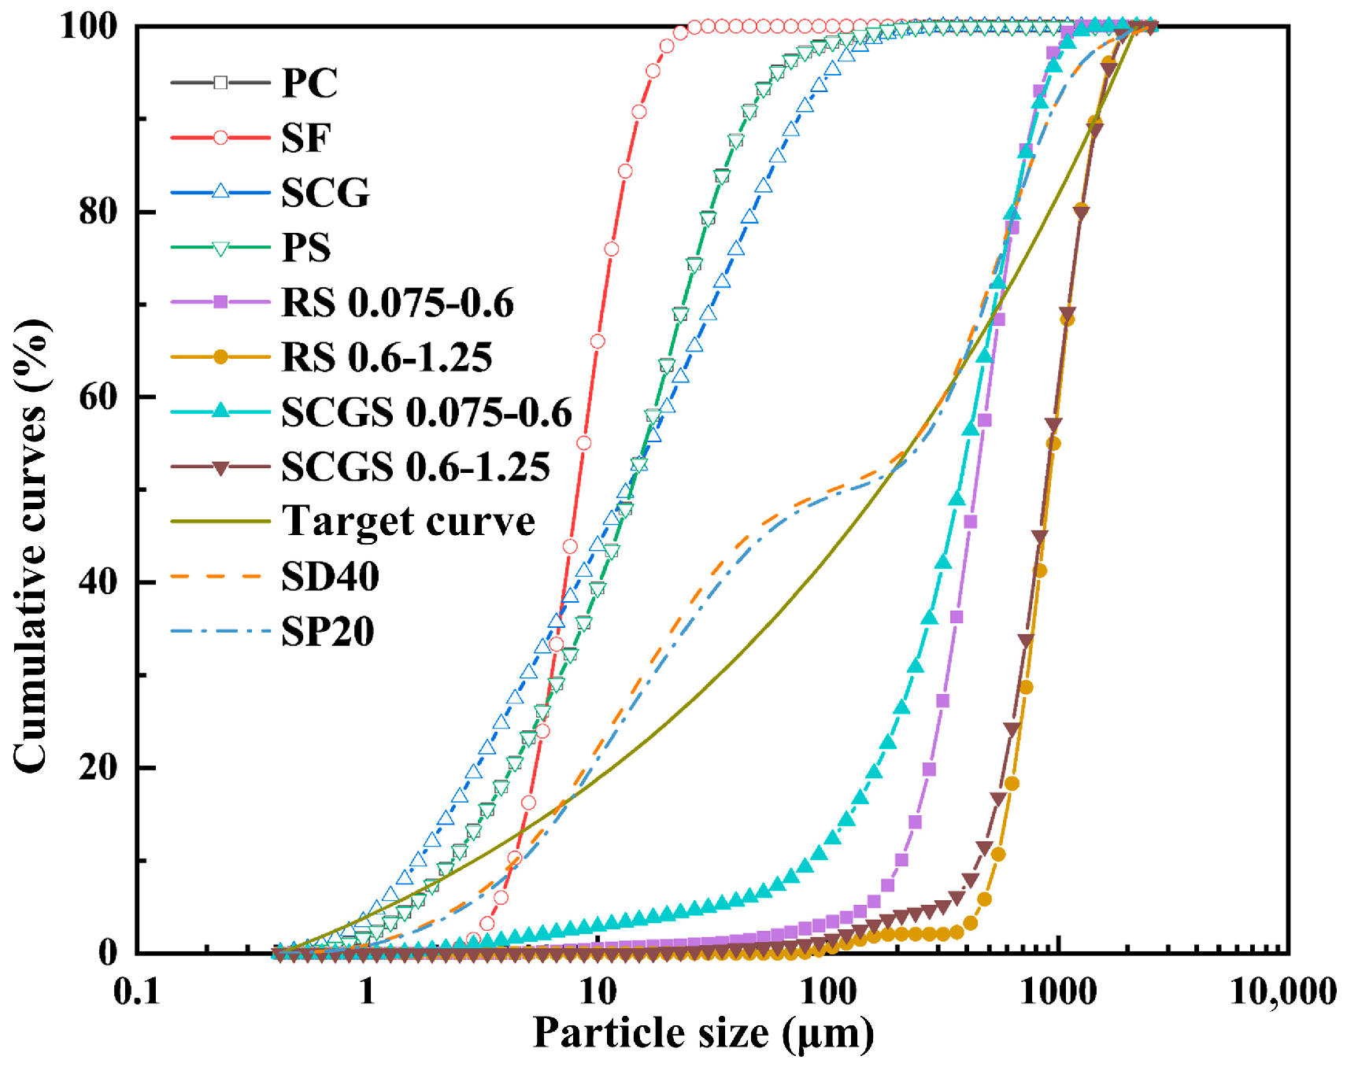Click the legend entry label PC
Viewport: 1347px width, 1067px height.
pyautogui.click(x=310, y=83)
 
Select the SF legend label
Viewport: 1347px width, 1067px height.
pyautogui.click(x=306, y=138)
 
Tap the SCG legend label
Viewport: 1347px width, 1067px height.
pyautogui.click(x=326, y=193)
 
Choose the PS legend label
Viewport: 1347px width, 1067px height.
pyautogui.click(x=306, y=247)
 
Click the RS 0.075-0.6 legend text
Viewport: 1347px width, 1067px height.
pyautogui.click(x=398, y=302)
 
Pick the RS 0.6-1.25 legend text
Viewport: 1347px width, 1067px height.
pyautogui.click(x=387, y=357)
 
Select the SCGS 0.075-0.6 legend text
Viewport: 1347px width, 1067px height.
pyautogui.click(x=427, y=412)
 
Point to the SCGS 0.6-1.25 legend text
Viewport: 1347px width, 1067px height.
pyautogui.click(x=416, y=467)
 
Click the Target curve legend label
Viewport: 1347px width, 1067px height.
pyautogui.click(x=409, y=521)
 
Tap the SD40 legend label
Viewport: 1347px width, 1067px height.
pyautogui.click(x=331, y=577)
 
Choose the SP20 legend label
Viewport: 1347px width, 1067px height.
pyautogui.click(x=328, y=631)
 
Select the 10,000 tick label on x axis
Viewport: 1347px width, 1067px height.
pyautogui.click(x=1283, y=991)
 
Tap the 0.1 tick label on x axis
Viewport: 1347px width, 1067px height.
pyautogui.click(x=137, y=991)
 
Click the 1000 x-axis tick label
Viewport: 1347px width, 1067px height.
pyautogui.click(x=1059, y=991)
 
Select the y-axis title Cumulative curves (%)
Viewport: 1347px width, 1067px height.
pyautogui.click(x=31, y=546)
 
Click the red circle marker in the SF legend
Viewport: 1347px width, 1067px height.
pyautogui.click(x=220, y=138)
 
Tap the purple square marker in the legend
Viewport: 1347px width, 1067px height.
pyautogui.click(x=220, y=302)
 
